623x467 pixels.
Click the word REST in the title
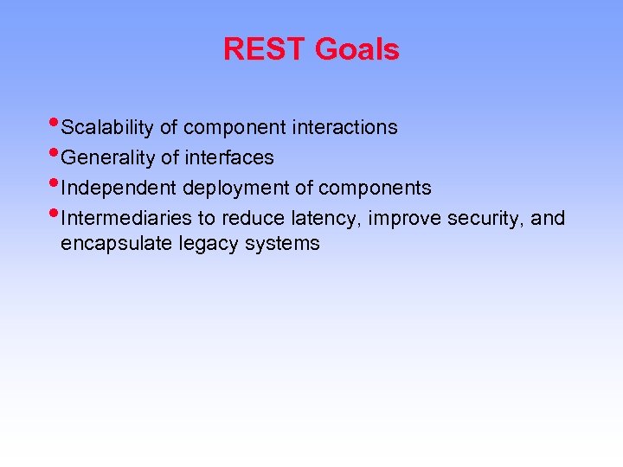266,49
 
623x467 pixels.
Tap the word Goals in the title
356,49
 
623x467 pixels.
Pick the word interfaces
228,158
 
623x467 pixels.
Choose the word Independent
119,189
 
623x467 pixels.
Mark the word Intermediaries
127,218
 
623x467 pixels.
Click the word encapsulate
117,244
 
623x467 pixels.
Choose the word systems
282,245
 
